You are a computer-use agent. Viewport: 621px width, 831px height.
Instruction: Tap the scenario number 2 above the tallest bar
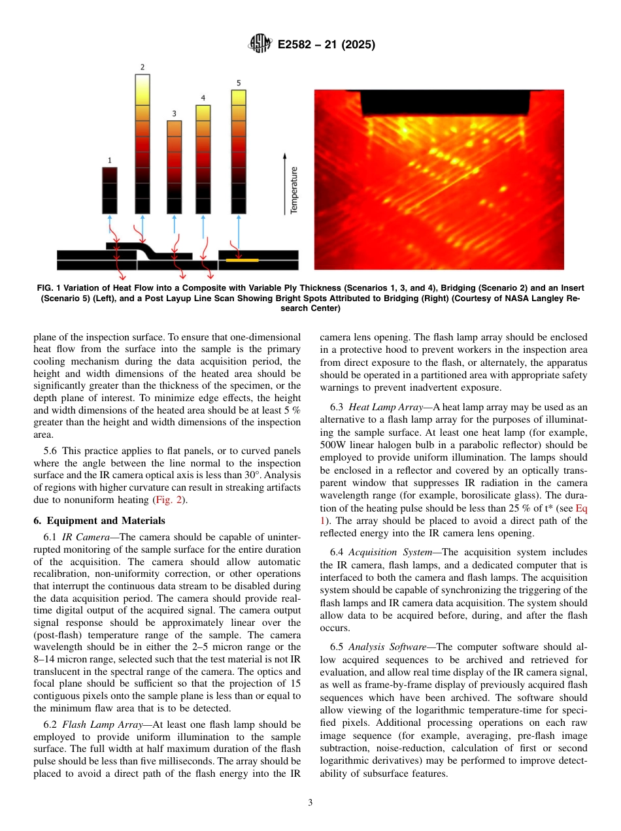pyautogui.click(x=143, y=67)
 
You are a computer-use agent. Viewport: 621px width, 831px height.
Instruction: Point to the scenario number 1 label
pyautogui.click(x=109, y=159)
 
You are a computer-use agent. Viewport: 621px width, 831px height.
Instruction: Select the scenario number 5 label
pyautogui.click(x=239, y=83)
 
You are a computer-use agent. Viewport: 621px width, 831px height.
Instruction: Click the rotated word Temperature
pyautogui.click(x=294, y=189)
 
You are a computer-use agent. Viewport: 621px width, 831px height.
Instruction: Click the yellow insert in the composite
pyautogui.click(x=241, y=260)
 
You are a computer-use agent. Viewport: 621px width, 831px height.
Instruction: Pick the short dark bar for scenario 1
pyautogui.click(x=109, y=190)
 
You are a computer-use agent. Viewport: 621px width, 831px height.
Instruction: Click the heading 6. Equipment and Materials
pyautogui.click(x=99, y=521)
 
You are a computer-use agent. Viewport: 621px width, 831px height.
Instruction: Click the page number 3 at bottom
pyautogui.click(x=310, y=803)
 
